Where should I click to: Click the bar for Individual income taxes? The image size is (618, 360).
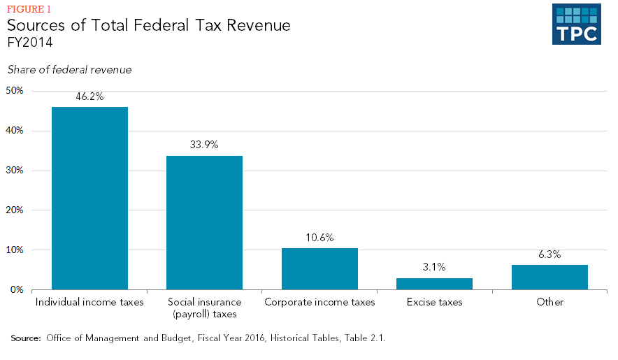coord(89,198)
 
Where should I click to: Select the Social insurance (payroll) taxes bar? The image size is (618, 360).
coord(204,222)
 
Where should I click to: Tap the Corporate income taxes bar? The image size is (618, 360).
coord(319,268)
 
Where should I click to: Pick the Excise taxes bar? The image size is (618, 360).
coord(434,283)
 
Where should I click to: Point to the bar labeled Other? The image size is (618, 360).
coord(549,277)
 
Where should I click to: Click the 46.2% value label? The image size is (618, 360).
coord(89,96)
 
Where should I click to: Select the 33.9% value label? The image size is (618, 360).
coord(204,145)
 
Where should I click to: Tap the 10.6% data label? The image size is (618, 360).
coord(319,238)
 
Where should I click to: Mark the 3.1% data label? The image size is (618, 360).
coord(434,267)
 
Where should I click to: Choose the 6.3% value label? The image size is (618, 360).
coord(549,254)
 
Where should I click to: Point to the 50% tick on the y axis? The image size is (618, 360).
coord(15,91)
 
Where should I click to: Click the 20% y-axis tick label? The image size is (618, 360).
coord(15,210)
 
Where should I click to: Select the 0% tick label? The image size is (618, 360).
coord(17,289)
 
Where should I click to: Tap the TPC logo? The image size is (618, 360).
coord(575,24)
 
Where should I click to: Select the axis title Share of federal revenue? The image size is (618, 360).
coord(69,70)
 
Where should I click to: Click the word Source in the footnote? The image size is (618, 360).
coord(25,338)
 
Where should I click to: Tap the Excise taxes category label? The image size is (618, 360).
coord(434,302)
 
